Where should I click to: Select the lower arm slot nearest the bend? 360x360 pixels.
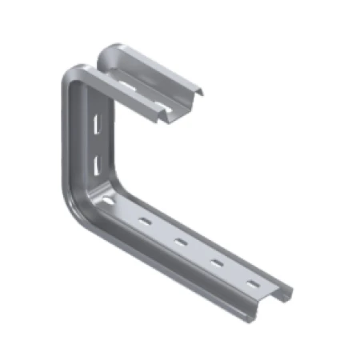[145, 220]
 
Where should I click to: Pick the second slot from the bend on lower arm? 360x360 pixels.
[181, 242]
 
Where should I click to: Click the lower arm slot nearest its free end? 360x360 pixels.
[252, 284]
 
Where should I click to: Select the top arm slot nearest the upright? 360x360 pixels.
[128, 82]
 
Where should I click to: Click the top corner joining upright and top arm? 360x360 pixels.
[72, 72]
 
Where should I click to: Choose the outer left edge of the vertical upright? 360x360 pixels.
[63, 144]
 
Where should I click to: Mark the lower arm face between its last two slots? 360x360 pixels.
[234, 274]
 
